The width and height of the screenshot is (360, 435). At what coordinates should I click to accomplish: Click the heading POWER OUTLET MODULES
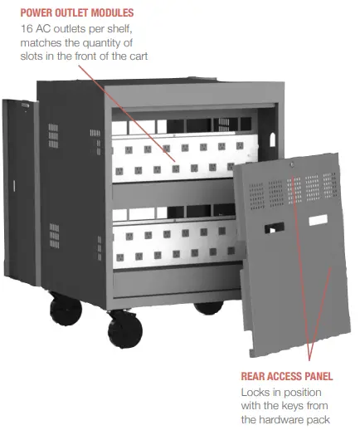click(76, 13)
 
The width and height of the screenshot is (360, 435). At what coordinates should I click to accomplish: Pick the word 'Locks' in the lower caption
click(255, 391)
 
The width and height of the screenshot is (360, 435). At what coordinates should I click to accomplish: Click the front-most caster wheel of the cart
click(125, 330)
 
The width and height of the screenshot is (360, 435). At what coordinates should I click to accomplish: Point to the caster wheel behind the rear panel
click(208, 306)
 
